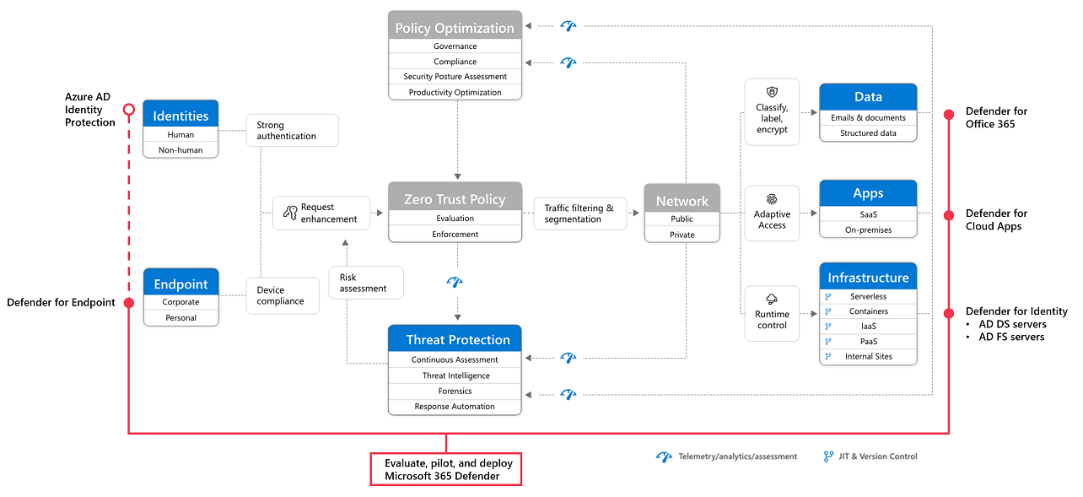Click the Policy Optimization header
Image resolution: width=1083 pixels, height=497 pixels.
(455, 27)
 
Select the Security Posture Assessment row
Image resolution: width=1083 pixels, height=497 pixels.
(455, 77)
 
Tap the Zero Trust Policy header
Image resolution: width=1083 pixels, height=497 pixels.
(455, 199)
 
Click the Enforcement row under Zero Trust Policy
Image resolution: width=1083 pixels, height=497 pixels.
(455, 234)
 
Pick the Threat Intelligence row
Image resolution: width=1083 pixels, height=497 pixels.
(455, 375)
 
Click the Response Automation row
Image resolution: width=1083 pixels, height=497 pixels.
(455, 407)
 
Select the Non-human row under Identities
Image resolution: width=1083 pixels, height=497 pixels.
(180, 150)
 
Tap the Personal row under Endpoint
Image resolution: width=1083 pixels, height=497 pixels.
(180, 318)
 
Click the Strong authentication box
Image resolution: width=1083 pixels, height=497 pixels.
(292, 130)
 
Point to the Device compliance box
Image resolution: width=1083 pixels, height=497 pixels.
(283, 295)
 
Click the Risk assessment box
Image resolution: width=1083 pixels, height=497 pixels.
(366, 283)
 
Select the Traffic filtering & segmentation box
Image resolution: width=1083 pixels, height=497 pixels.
(579, 213)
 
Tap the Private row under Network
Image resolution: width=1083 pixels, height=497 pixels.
(682, 235)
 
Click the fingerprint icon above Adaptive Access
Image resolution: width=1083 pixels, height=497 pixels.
(772, 200)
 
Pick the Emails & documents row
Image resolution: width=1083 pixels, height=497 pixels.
(868, 118)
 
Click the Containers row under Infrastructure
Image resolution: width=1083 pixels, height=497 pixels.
(868, 311)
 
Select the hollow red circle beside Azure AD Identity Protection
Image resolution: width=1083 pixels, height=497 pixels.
(128, 110)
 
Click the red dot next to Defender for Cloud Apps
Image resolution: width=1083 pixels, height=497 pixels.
(949, 214)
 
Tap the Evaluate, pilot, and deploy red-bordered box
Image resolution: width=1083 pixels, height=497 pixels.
(446, 469)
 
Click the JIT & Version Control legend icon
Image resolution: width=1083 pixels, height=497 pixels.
(828, 456)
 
